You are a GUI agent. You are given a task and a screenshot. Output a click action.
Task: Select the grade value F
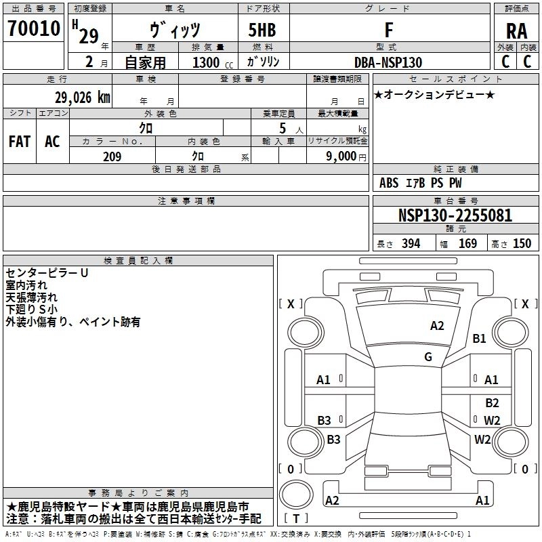click(x=388, y=30)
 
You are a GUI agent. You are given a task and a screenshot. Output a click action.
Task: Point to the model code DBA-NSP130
click(x=388, y=62)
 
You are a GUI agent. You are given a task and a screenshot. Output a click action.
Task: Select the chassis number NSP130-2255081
click(x=455, y=216)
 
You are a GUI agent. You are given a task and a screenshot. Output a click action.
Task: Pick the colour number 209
click(x=112, y=157)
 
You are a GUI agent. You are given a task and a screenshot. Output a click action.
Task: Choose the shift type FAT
click(x=20, y=141)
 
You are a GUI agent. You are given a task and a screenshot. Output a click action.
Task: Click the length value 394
click(x=410, y=244)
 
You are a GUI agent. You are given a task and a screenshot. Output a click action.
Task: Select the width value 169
click(x=467, y=244)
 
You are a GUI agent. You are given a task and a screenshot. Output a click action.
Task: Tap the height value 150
click(x=522, y=244)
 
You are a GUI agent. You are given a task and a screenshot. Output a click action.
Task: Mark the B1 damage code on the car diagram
click(x=480, y=339)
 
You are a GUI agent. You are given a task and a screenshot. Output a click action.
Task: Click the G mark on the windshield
click(x=428, y=357)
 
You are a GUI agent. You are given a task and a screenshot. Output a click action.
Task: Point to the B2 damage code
click(x=492, y=402)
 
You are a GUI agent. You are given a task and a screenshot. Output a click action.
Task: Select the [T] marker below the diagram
click(x=296, y=519)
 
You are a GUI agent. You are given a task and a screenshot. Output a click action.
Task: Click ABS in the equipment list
click(x=389, y=183)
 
